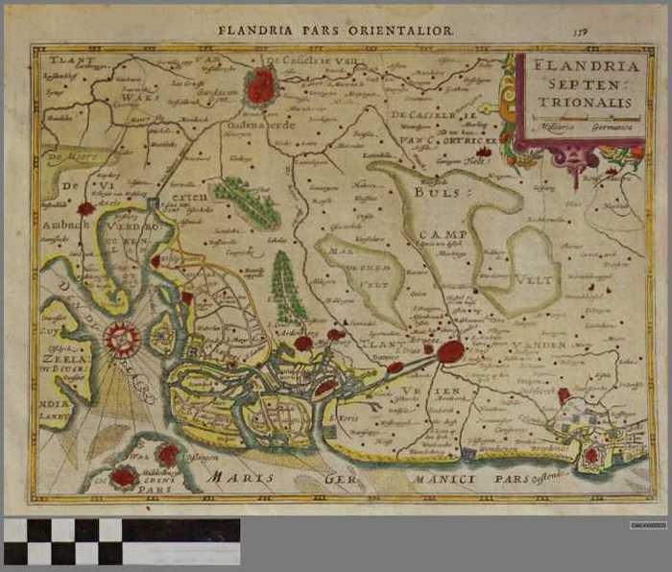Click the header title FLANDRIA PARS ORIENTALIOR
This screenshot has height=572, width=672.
[334, 31]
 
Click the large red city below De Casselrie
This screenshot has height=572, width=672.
[260, 86]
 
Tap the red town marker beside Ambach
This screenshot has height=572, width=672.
[86, 208]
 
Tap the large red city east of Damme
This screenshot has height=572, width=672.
[450, 351]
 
